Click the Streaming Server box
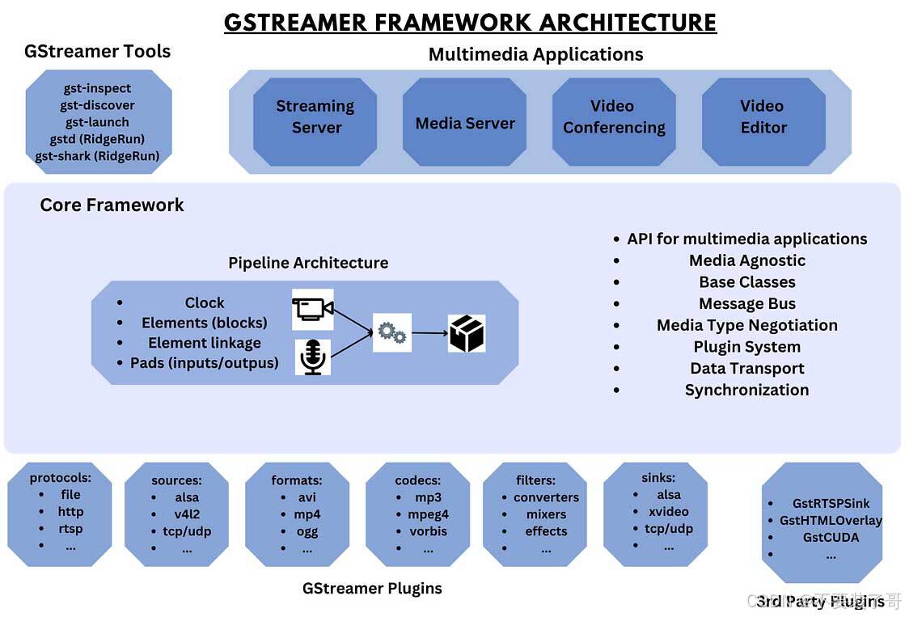point(315,117)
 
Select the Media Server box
point(464,123)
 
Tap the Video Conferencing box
point(613,117)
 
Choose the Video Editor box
point(763,117)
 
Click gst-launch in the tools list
point(97,122)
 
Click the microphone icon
point(312,357)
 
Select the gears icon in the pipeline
point(391,332)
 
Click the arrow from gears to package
point(429,332)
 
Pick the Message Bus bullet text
point(746,304)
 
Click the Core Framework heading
point(112,205)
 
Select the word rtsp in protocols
point(70,529)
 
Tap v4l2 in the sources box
point(187,514)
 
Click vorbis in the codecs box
point(428,531)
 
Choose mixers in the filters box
point(546,514)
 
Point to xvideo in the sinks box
point(668,511)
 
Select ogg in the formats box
point(307,531)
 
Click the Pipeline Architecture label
point(307,263)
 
